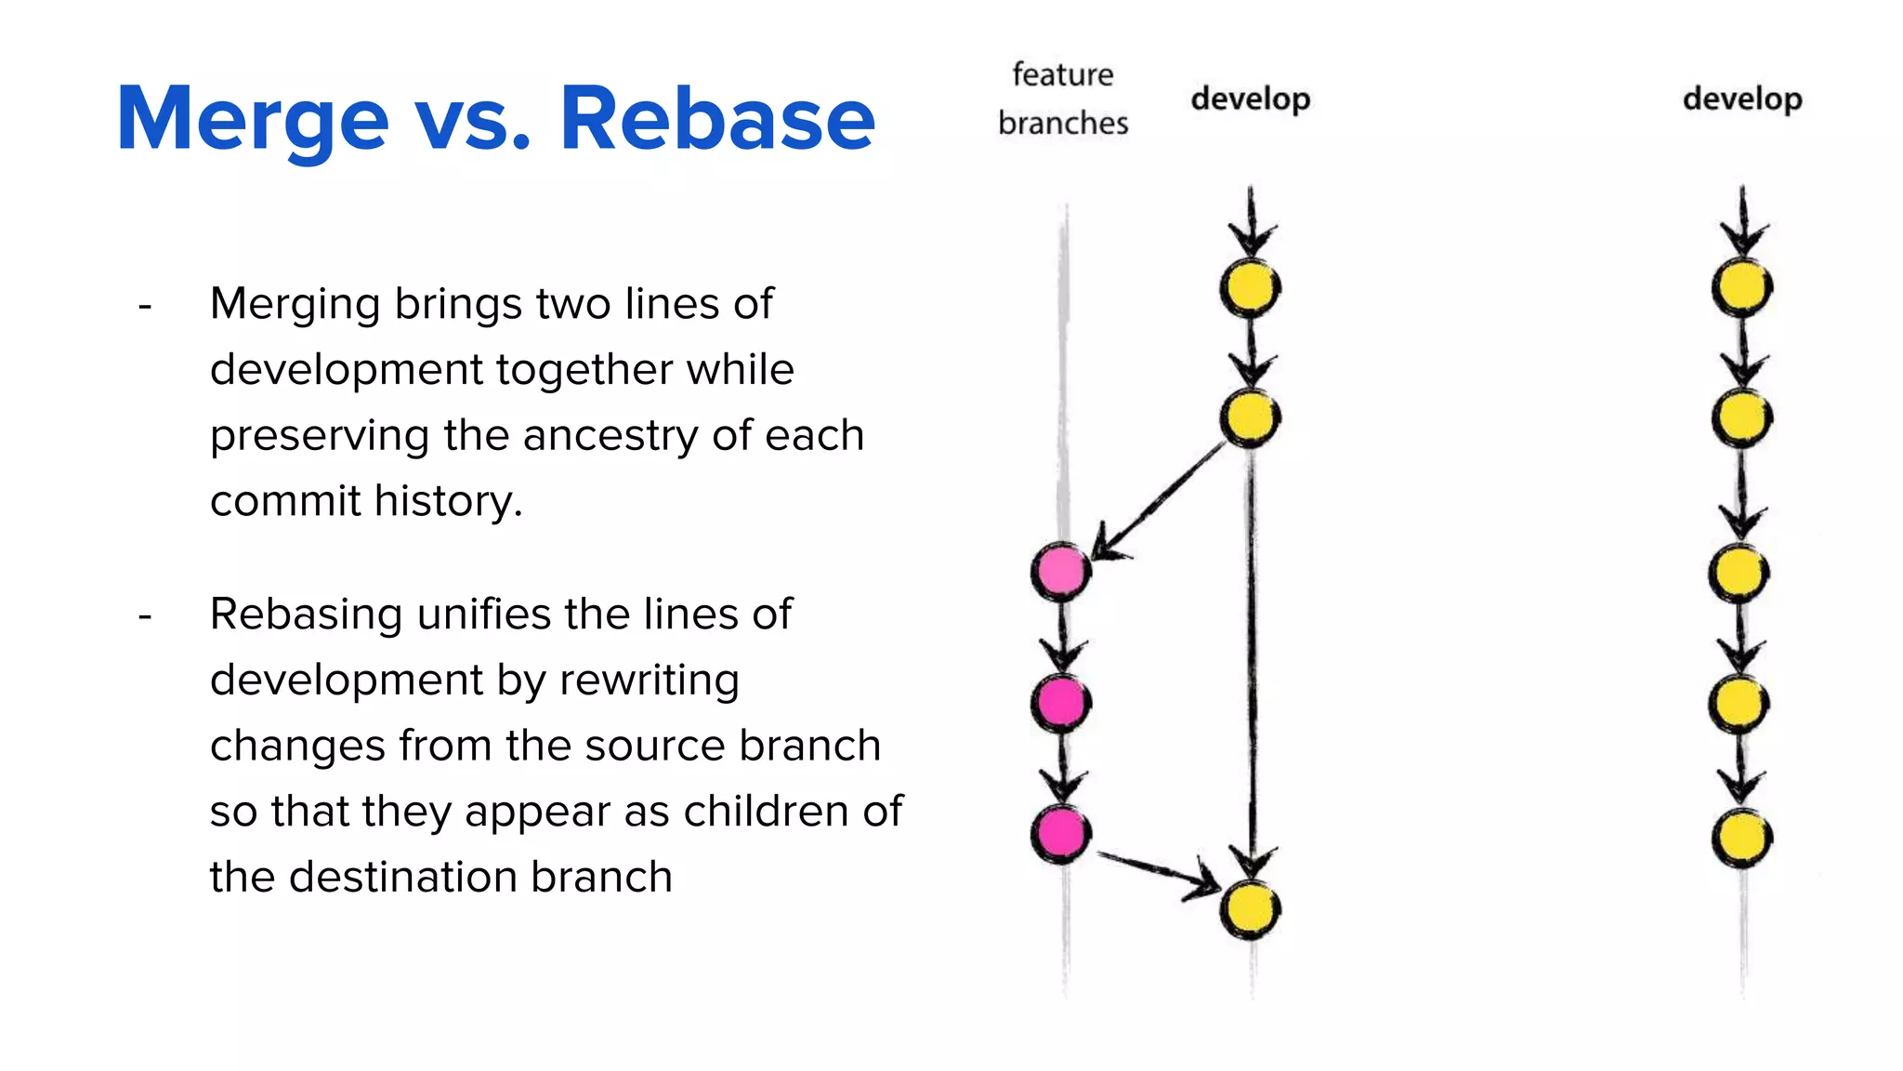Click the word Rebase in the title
(x=717, y=119)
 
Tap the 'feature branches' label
(x=1063, y=99)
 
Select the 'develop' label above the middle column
(x=1251, y=99)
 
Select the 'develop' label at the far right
(x=1742, y=99)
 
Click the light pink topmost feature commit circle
(x=1060, y=571)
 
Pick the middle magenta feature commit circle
(x=1060, y=702)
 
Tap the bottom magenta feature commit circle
(x=1060, y=833)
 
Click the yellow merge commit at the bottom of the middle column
(x=1251, y=909)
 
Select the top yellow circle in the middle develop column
(x=1251, y=287)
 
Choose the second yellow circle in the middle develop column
(x=1251, y=417)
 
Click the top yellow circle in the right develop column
(x=1742, y=287)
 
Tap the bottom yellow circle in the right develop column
(x=1742, y=838)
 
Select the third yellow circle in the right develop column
(x=1739, y=573)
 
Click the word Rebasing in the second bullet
(x=307, y=615)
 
